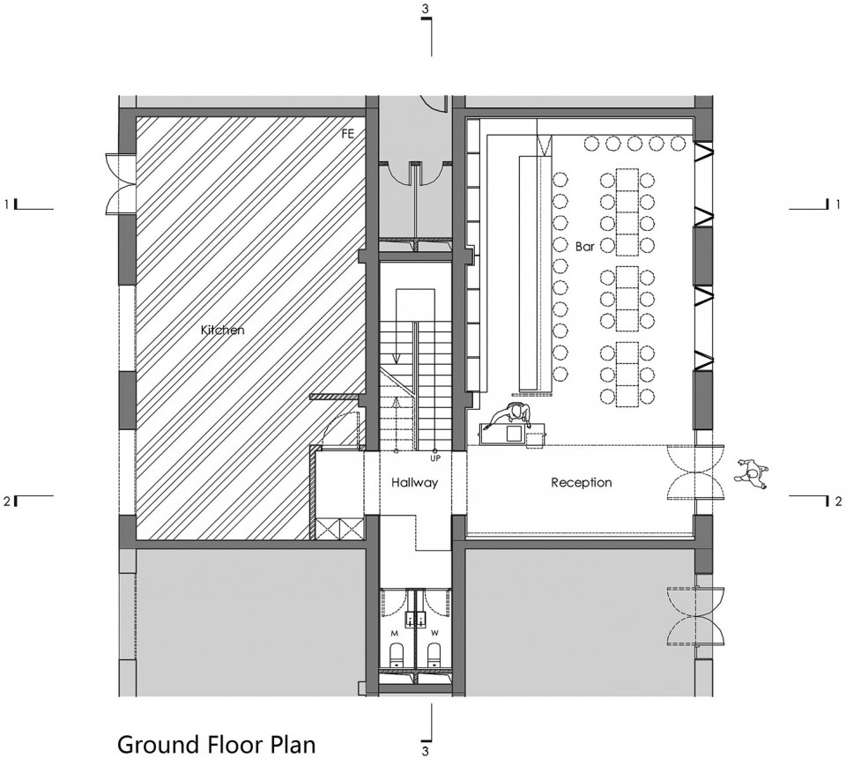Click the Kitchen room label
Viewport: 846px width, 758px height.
click(222, 330)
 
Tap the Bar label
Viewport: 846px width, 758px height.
click(585, 247)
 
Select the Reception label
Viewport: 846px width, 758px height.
click(582, 482)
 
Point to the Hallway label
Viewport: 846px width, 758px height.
click(414, 483)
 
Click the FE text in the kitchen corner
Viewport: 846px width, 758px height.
click(348, 134)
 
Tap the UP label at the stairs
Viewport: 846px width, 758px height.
click(435, 458)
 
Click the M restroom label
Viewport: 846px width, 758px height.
click(395, 632)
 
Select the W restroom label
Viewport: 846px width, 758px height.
click(434, 632)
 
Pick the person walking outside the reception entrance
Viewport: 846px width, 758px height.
click(751, 474)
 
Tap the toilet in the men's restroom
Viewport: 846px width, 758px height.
click(397, 654)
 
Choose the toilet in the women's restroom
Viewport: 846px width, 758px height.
click(434, 654)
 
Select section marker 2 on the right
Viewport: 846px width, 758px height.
click(835, 502)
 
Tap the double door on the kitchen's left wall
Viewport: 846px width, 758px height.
click(120, 182)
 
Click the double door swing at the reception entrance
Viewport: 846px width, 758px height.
click(696, 473)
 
